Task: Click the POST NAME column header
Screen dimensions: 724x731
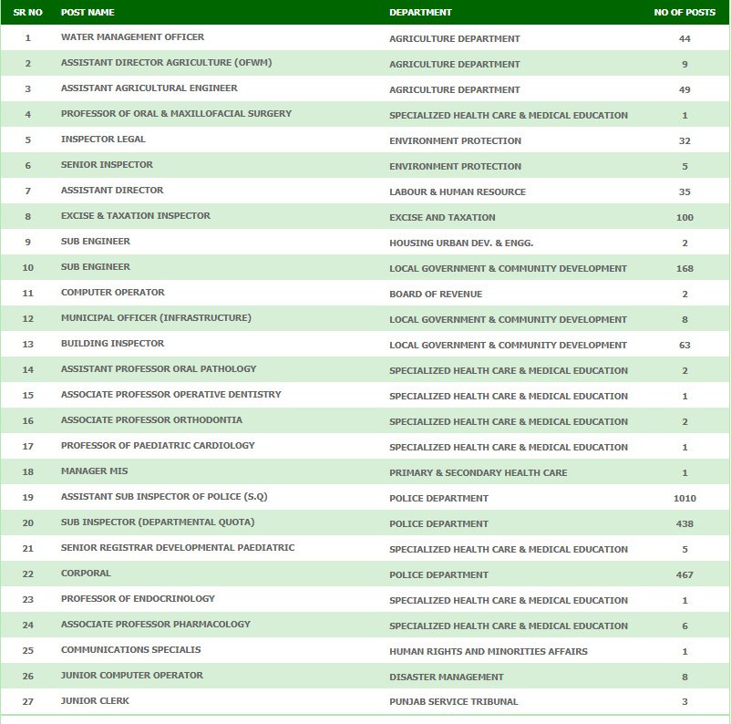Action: point(88,13)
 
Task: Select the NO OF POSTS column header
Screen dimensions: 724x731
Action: point(685,13)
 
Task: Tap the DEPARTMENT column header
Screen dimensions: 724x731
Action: point(420,13)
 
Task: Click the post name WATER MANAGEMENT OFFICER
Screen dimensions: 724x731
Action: point(132,37)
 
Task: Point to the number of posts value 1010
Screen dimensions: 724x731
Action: point(685,499)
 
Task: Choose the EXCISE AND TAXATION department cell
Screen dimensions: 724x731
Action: point(442,218)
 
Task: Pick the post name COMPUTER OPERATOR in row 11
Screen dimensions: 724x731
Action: point(113,293)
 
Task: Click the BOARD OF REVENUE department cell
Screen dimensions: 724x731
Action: point(436,295)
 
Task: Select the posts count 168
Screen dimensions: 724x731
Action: point(685,269)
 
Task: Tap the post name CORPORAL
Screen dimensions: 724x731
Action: point(86,574)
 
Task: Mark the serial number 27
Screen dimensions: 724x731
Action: point(28,701)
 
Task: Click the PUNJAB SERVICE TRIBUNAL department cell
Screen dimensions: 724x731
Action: point(453,702)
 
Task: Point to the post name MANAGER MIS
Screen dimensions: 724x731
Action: point(95,471)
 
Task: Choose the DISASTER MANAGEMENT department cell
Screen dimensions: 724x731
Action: point(446,677)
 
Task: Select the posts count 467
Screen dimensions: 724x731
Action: point(685,575)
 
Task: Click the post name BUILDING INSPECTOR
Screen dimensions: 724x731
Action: point(113,344)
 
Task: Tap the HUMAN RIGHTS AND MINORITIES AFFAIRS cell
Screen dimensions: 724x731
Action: point(488,651)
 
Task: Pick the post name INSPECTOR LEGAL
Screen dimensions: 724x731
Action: point(103,140)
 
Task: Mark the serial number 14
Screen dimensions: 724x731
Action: point(28,369)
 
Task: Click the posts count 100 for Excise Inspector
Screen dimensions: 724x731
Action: point(685,218)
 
